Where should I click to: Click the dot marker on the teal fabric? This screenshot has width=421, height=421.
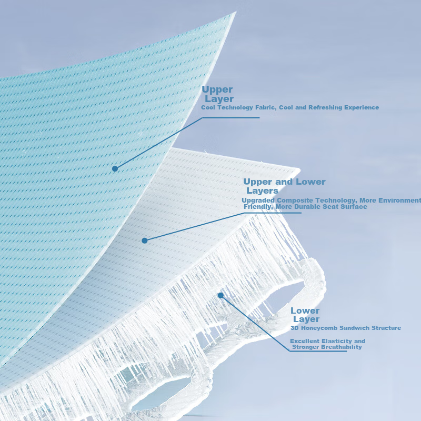pos(115,168)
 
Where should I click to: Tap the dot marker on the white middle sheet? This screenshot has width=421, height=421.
pos(144,240)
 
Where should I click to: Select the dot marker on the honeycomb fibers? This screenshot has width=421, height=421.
pos(220,295)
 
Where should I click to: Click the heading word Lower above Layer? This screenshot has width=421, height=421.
pos(305,310)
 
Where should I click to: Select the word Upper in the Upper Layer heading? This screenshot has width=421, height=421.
pos(217,89)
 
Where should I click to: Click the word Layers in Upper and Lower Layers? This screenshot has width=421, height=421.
pos(262,191)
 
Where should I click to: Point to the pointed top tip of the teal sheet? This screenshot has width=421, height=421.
pos(235,12)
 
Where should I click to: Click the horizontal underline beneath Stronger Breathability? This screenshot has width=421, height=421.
pos(318,351)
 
